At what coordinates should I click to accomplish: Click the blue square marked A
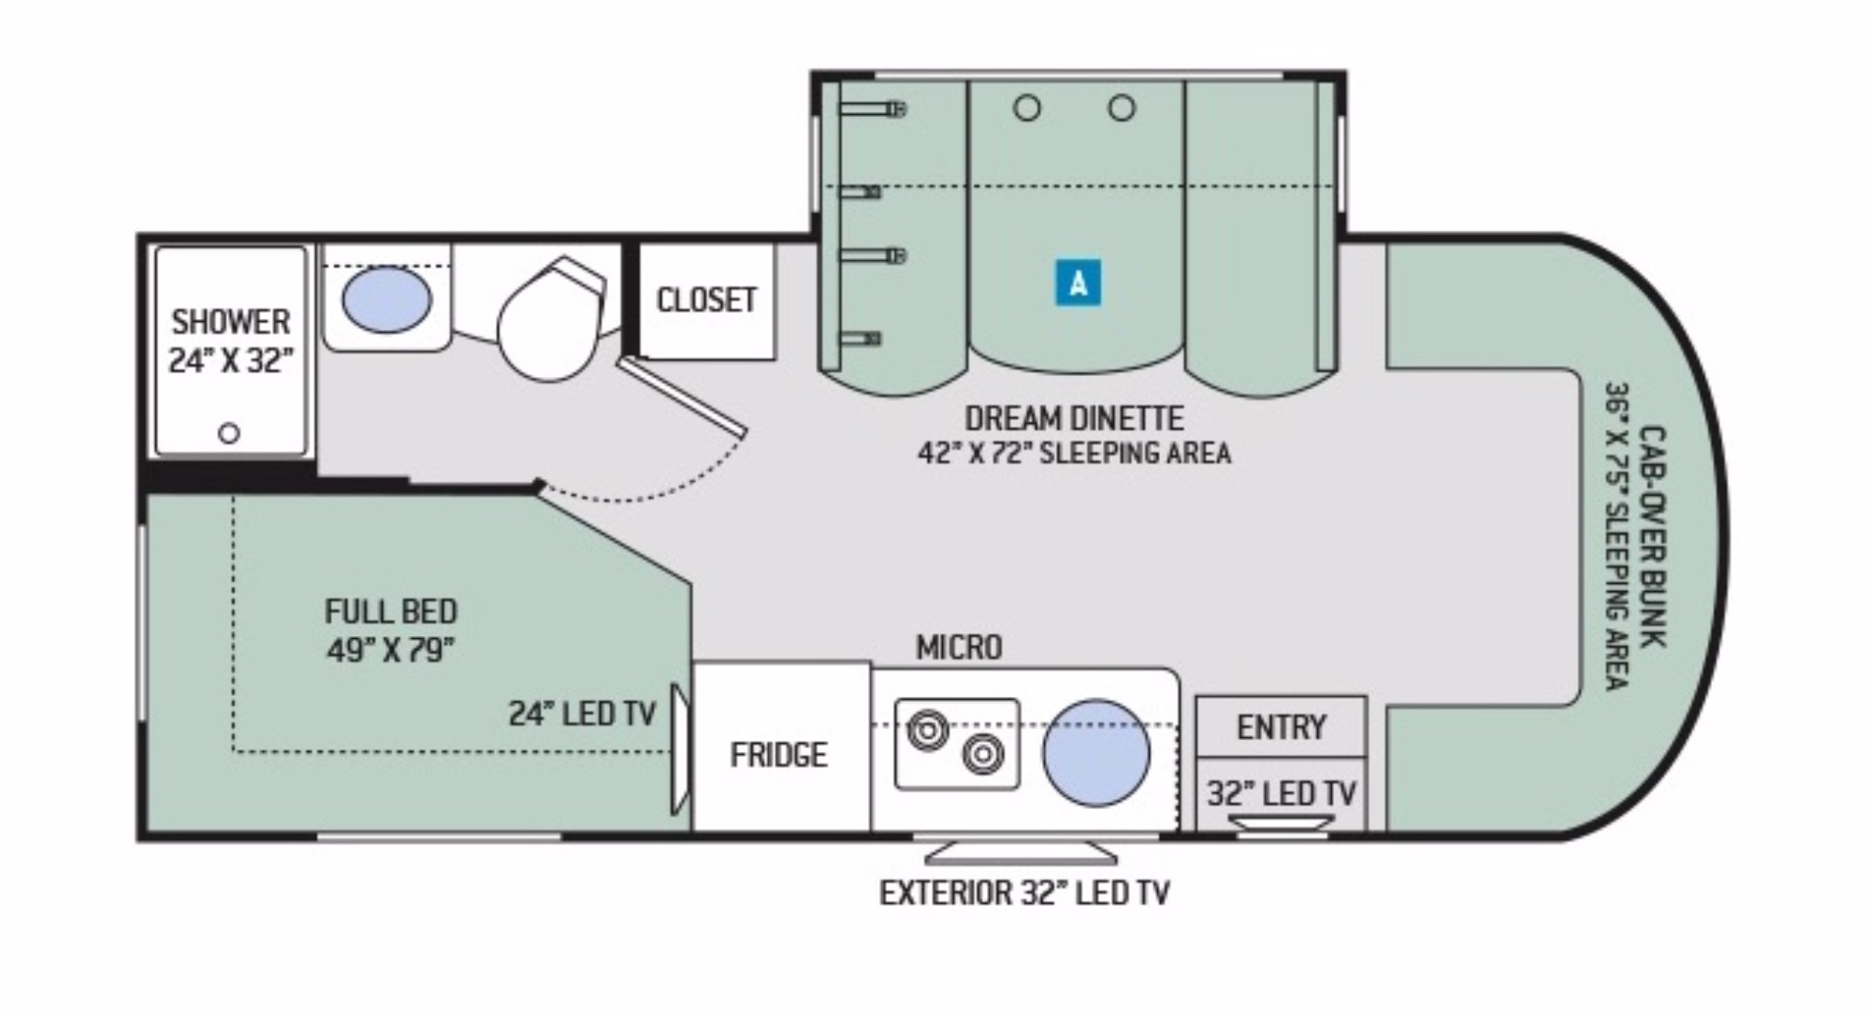1078,282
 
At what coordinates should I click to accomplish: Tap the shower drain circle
229,433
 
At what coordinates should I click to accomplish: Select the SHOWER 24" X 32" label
230,341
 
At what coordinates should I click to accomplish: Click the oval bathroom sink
386,299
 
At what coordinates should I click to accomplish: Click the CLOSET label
706,300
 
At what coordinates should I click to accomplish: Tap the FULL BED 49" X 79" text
391,631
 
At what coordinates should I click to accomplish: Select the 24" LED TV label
582,714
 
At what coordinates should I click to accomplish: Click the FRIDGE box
779,754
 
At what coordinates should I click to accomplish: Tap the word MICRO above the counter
959,647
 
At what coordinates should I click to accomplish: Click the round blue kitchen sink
1096,753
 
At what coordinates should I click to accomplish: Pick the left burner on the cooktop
927,729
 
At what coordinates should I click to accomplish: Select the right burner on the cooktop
983,753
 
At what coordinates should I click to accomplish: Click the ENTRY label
1281,727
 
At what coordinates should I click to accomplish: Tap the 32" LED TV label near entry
1281,793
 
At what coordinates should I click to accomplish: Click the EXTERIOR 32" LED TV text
1024,893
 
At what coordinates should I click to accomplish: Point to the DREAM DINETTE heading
1074,417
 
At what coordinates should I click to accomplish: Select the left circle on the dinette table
1026,109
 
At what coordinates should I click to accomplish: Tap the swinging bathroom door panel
683,397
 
